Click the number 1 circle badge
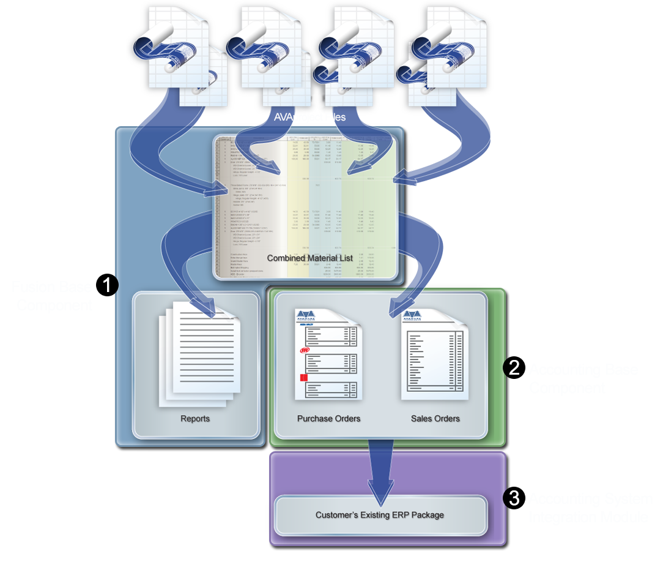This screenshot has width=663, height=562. point(108,286)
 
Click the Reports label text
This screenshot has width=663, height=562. point(195,419)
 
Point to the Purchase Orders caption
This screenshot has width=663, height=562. point(328,419)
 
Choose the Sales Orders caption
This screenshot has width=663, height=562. point(435,419)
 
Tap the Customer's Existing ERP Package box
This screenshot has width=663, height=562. point(379,515)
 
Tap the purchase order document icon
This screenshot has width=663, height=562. point(329,355)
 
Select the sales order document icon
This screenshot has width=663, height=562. point(434,355)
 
